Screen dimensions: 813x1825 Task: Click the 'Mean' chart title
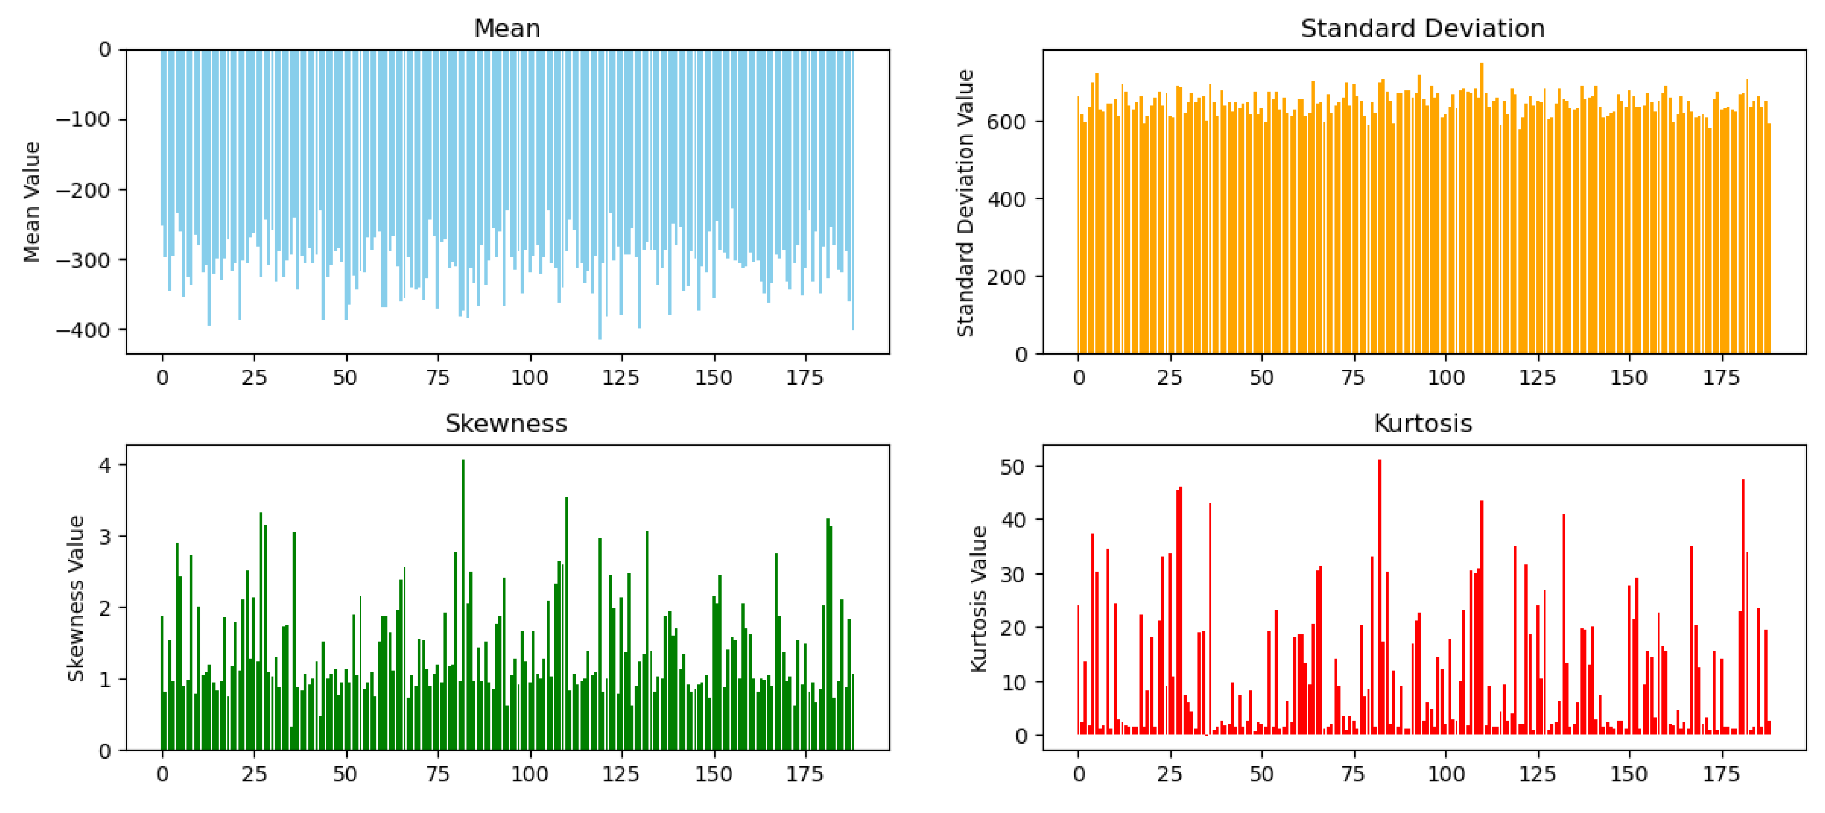tap(507, 28)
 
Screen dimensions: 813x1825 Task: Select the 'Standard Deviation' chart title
tap(1422, 28)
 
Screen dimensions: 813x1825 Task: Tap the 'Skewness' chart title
tap(506, 423)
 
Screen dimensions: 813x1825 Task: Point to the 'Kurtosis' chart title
tap(1422, 423)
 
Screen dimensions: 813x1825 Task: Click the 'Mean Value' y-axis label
tap(32, 202)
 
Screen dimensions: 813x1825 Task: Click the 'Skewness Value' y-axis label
tap(76, 598)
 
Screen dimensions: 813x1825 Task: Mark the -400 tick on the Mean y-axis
tap(83, 330)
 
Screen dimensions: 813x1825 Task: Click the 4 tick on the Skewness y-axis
tap(105, 465)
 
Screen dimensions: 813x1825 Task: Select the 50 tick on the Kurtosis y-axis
tap(1011, 467)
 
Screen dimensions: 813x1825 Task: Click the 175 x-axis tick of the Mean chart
tap(805, 377)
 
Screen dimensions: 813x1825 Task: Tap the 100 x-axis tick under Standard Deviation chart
tap(1445, 377)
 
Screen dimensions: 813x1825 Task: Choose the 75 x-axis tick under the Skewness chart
tap(438, 774)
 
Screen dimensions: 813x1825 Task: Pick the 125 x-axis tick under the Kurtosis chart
tap(1536, 774)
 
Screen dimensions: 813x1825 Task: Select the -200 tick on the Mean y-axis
tap(83, 190)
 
